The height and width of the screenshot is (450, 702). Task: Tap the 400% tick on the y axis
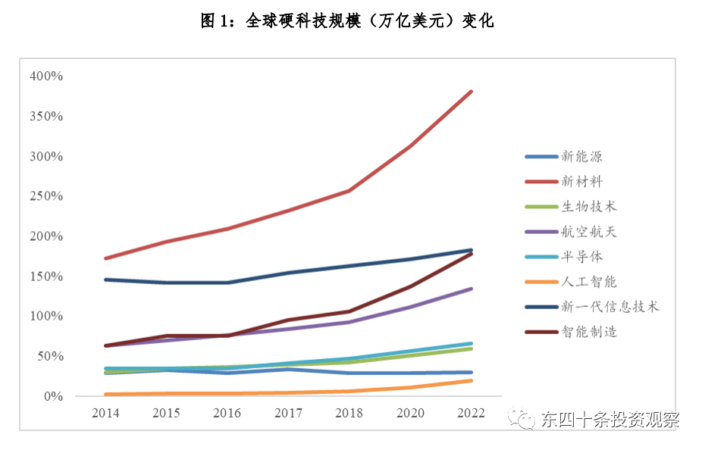click(46, 77)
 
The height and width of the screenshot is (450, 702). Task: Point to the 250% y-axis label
click(46, 196)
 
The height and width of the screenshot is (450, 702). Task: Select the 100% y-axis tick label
click(46, 316)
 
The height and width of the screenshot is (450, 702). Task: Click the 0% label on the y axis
click(52, 396)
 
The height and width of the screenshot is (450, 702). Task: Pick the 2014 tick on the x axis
click(105, 414)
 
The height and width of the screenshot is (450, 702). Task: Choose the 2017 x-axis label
click(289, 414)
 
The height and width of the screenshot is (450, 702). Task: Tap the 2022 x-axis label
click(471, 414)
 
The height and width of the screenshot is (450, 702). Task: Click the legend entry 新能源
click(581, 157)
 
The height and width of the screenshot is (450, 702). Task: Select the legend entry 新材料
click(581, 181)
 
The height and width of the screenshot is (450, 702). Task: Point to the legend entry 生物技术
click(588, 206)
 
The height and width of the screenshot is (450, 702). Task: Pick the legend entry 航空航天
click(588, 232)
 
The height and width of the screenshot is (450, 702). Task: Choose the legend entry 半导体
click(581, 257)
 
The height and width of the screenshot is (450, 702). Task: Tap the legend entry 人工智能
click(588, 282)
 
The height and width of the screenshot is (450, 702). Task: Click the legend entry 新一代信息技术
click(610, 306)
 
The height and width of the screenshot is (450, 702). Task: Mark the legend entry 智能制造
click(588, 331)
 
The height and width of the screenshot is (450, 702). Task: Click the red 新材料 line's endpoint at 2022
click(471, 92)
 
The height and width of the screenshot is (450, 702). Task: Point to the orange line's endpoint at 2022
click(471, 380)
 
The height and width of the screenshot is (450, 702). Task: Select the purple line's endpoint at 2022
click(471, 289)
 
